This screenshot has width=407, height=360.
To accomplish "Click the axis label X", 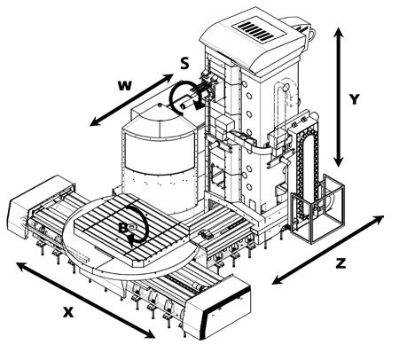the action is click(x=68, y=312).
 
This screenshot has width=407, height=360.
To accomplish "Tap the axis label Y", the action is click(x=354, y=99).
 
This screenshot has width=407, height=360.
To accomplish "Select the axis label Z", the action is click(x=340, y=262).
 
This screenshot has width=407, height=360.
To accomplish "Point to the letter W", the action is click(x=124, y=85).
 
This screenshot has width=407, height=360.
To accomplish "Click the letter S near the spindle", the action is click(x=184, y=63).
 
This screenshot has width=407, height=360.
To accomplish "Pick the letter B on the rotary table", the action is click(x=123, y=228).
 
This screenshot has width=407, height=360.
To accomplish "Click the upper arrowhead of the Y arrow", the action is click(x=339, y=32).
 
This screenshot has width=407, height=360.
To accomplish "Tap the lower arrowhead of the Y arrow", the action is click(x=339, y=161).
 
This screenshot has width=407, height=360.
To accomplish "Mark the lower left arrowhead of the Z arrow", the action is click(x=278, y=280).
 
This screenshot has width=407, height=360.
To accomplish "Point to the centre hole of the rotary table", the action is click(x=132, y=227).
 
